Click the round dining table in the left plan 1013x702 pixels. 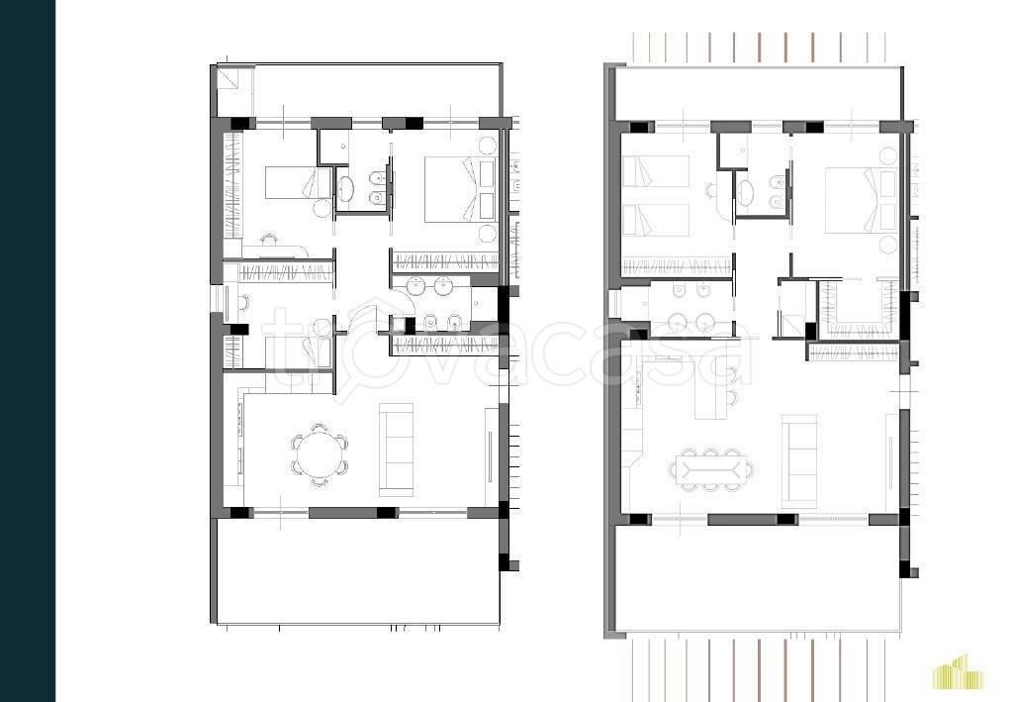[x=318, y=455]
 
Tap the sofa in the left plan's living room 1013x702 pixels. [x=396, y=450]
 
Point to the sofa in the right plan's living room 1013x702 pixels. [x=799, y=461]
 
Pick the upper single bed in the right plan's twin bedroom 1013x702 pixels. [x=655, y=171]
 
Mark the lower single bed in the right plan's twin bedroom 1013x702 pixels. [x=655, y=221]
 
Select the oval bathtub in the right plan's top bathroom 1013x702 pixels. [x=746, y=194]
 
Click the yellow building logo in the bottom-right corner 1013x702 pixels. [x=959, y=671]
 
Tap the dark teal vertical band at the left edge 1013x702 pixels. [x=28, y=351]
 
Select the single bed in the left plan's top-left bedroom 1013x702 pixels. [x=299, y=182]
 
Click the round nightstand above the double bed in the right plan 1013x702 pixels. [x=888, y=156]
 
